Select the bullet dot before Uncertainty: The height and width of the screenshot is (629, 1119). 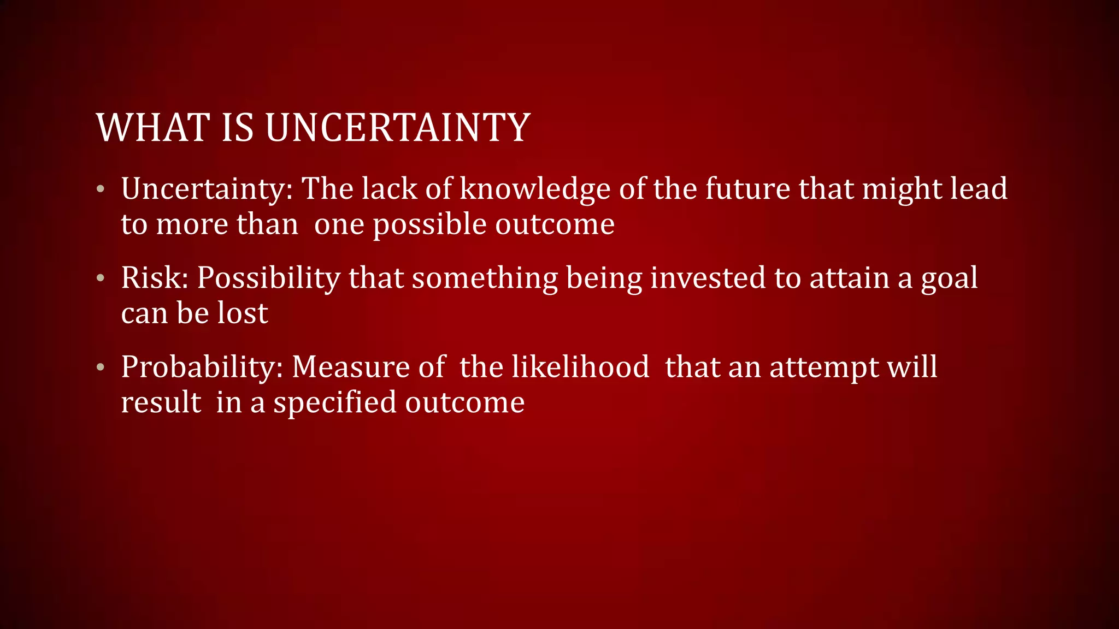tap(100, 189)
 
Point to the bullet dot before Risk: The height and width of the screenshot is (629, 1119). tap(100, 278)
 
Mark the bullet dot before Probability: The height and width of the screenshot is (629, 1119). tap(100, 367)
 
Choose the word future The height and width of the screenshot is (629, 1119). tap(747, 189)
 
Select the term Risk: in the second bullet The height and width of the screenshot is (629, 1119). tap(155, 278)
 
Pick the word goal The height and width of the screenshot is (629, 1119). tap(949, 279)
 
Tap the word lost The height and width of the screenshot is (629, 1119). tap(243, 313)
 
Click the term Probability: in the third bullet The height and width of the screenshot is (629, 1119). tap(202, 367)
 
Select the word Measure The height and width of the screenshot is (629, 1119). tap(350, 367)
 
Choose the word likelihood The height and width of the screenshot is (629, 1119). tap(580, 367)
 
